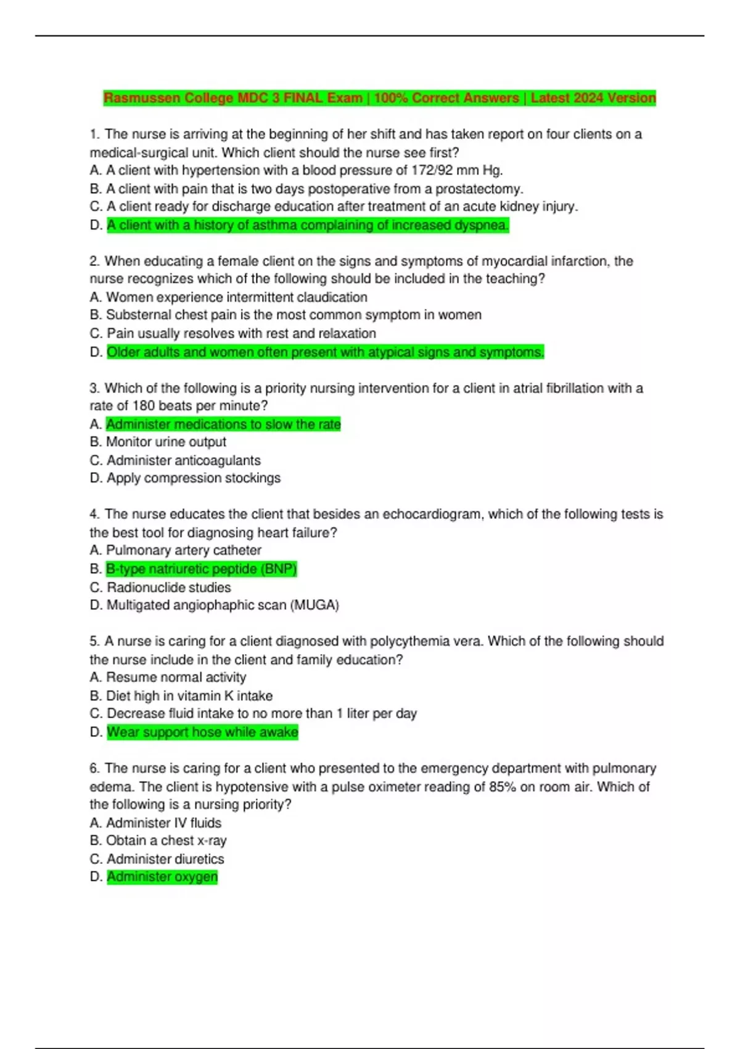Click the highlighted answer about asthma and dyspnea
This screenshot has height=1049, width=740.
pyautogui.click(x=308, y=225)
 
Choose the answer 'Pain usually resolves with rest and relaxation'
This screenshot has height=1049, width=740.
pyautogui.click(x=241, y=334)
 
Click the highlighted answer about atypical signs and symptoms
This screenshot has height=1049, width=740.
pyautogui.click(x=325, y=352)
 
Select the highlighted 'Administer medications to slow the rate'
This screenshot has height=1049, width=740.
pyautogui.click(x=223, y=425)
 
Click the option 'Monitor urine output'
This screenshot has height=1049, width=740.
pyautogui.click(x=166, y=442)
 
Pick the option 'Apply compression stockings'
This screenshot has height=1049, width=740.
pyautogui.click(x=193, y=478)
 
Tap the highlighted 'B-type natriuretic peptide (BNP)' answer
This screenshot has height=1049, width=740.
pyautogui.click(x=201, y=569)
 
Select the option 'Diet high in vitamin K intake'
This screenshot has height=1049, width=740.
pyautogui.click(x=189, y=696)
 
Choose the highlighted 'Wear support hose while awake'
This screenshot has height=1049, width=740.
pyautogui.click(x=202, y=732)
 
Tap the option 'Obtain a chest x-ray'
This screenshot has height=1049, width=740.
pyautogui.click(x=166, y=841)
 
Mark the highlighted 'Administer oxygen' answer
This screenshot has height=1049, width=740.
pyautogui.click(x=162, y=877)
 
